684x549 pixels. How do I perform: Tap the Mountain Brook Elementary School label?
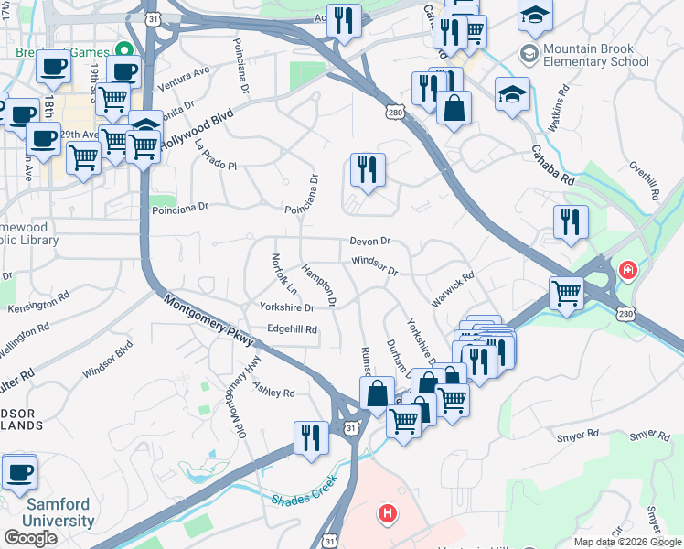pyautogui.click(x=595, y=55)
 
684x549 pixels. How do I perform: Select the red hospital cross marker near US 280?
pyautogui.click(x=627, y=271)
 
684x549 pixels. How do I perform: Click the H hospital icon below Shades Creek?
pyautogui.click(x=388, y=514)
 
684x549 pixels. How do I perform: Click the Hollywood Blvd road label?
pyautogui.click(x=198, y=131)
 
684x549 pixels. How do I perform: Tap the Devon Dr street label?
pyautogui.click(x=370, y=242)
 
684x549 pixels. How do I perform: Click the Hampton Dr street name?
pyautogui.click(x=319, y=285)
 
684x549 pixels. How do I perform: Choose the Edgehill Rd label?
pyautogui.click(x=292, y=329)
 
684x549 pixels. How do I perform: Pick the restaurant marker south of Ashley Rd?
pyautogui.click(x=311, y=437)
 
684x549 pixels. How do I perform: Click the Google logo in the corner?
pyautogui.click(x=30, y=537)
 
